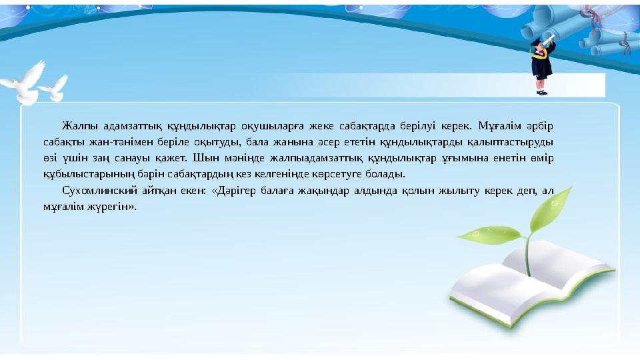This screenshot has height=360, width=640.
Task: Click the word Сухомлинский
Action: [x=92, y=191]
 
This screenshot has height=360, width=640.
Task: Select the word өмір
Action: [x=541, y=159]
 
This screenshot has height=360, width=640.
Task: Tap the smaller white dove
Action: [x=54, y=87]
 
